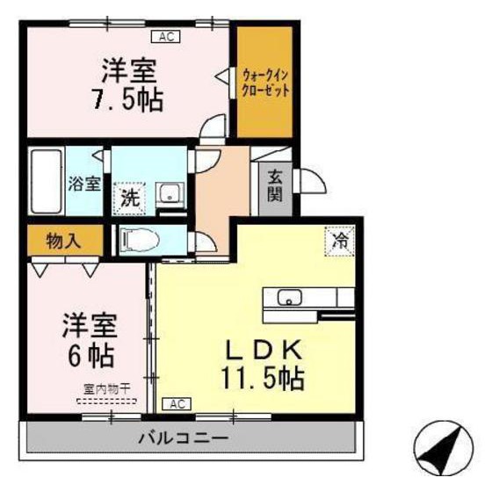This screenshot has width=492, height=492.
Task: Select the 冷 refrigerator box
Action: click(340, 239)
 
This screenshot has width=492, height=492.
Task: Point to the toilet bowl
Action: click(141, 239)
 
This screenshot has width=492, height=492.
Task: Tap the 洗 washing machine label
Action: click(130, 196)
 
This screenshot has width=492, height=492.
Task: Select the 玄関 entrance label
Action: click(275, 184)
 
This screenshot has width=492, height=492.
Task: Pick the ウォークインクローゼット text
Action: click(265, 83)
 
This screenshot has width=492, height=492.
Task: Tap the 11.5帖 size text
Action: click(263, 379)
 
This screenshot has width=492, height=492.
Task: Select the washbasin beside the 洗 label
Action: click(169, 194)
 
